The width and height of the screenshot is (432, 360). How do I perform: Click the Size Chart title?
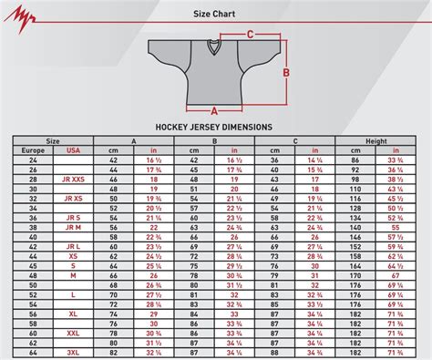point(215,15)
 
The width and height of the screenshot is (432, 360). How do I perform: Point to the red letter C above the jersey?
point(250,35)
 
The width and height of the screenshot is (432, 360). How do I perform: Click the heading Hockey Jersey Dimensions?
point(216,127)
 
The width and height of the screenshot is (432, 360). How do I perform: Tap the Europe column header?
point(33,149)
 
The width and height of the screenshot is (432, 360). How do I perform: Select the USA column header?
point(73,149)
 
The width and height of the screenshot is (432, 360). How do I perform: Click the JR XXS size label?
point(73,180)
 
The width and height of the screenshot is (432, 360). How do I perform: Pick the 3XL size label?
point(73,353)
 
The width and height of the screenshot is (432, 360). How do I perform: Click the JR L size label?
point(73,246)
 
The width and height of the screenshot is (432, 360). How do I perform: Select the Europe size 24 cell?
point(33,159)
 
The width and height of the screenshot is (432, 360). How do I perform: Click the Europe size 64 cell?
point(33,353)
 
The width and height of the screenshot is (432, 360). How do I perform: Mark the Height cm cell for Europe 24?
point(356,159)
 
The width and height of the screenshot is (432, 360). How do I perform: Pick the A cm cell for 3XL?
point(114,353)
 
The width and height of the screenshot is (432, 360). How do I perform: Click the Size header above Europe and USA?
point(53,140)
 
